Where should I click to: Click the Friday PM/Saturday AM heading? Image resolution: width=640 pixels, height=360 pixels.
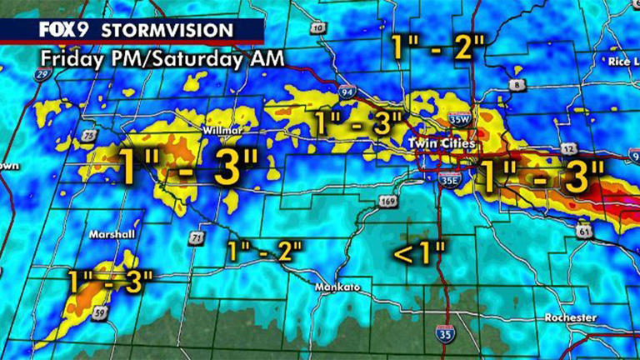(x=161, y=59)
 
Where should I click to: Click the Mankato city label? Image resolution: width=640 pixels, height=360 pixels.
(x=337, y=287)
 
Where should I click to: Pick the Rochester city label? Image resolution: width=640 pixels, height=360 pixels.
(x=570, y=317)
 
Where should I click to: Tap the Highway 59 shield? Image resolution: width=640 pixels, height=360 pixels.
(x=99, y=313)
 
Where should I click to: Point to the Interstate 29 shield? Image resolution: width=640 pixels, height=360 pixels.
(x=42, y=76)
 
